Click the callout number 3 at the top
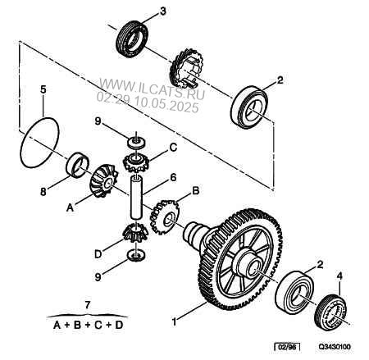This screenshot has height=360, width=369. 162,11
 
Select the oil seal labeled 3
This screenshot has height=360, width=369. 133,39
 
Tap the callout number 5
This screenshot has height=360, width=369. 43,89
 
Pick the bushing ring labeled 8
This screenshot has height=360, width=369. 78,164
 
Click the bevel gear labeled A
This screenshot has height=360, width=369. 104,180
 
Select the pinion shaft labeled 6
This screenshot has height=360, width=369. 137,198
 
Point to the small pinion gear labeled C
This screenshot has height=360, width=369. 136,162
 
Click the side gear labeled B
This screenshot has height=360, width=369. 164,216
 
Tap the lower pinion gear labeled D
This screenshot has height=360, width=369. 135,233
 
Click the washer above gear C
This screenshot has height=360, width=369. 136,142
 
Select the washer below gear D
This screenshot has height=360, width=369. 136,255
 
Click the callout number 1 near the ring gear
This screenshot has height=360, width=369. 174,321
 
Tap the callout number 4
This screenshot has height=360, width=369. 339,276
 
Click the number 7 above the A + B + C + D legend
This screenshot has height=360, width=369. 87,304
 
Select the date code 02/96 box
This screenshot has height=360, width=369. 287,347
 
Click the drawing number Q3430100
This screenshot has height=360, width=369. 335,347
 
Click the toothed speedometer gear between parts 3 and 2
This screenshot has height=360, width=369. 186,68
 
